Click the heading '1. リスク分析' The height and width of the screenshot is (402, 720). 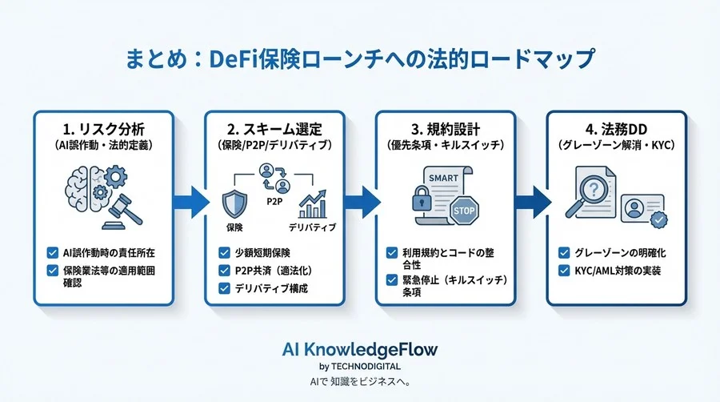point(104,127)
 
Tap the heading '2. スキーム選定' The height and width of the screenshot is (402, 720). point(274,127)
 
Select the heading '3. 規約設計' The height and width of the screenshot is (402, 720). point(445,127)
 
